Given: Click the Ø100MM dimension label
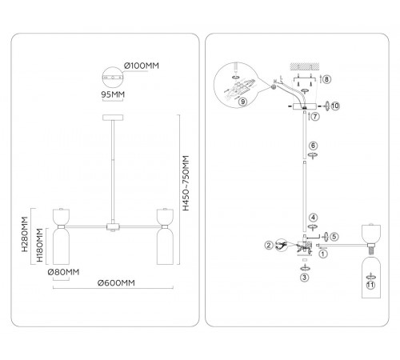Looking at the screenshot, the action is tap(142, 66).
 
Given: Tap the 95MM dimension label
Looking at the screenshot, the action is tap(113, 94).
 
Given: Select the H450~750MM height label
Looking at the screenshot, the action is tap(186, 183).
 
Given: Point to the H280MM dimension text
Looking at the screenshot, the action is tap(25, 234).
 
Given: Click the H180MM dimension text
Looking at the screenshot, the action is tap(39, 245).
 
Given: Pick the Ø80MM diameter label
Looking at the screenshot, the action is tap(63, 272).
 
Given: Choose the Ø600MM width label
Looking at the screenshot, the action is tap(116, 282).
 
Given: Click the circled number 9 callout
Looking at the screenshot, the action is tap(242, 102).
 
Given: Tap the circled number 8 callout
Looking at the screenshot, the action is tap(327, 79).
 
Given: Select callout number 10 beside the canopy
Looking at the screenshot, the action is tap(335, 106).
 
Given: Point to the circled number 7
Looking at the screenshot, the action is tap(315, 117).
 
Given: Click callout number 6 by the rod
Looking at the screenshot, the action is tap(313, 146).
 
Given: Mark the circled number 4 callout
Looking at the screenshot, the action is tap(313, 218).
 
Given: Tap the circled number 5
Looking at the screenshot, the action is tap(334, 237).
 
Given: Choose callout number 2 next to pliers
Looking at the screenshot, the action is tap(269, 245).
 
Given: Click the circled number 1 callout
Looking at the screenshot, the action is tap(323, 254).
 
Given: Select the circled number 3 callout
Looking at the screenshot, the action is tap(304, 278).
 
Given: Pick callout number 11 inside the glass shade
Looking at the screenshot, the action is tap(370, 285).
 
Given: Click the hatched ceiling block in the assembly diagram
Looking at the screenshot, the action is tap(305, 66).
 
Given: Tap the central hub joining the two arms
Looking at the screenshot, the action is tap(113, 227).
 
